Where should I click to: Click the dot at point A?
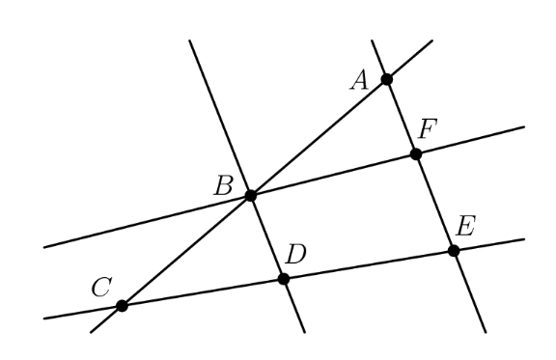coord(386,79)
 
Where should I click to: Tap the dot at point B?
coord(251,195)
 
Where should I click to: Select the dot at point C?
coord(122,306)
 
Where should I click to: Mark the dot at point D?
coord(284,279)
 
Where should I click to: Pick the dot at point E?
coord(454,251)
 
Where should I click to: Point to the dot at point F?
coord(416,153)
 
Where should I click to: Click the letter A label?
coord(359,79)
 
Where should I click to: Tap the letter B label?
coord(224,184)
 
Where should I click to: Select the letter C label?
coord(100,286)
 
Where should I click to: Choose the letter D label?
coord(296,256)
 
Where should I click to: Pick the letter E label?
coord(466,228)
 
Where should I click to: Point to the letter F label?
coord(430,128)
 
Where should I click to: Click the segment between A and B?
coord(319,137)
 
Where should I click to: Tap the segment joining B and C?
coord(186,251)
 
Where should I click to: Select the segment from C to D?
coord(203,292)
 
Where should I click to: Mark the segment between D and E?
coord(369,265)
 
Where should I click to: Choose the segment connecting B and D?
coord(267,237)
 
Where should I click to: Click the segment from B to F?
coord(333,175)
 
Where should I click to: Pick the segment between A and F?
coord(402,117)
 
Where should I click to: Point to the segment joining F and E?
coord(434,202)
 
